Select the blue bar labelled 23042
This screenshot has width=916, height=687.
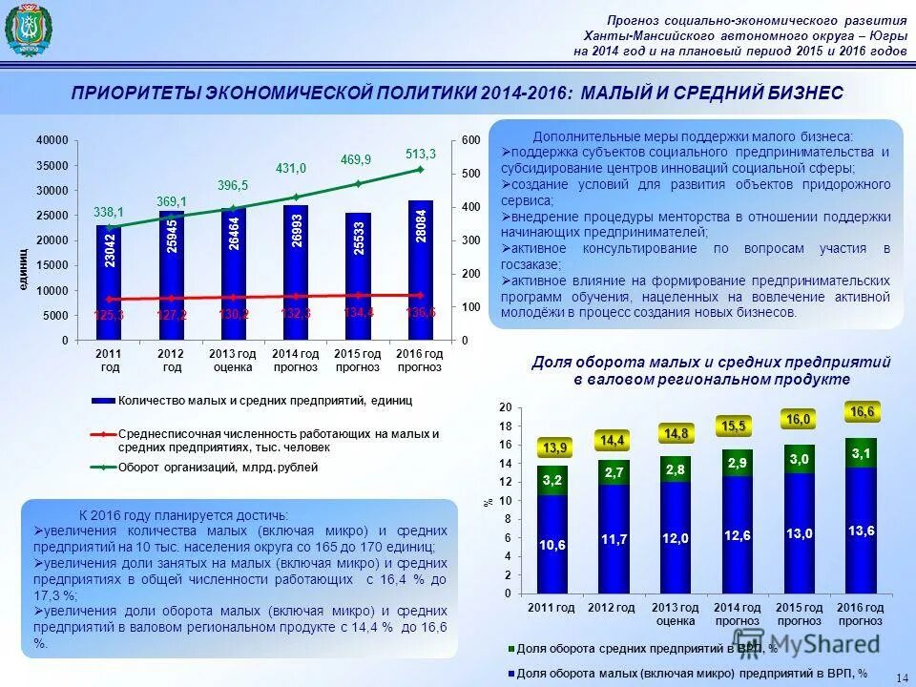[110, 281]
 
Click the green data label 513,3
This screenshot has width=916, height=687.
[420, 154]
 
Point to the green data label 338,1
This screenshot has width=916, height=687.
[109, 212]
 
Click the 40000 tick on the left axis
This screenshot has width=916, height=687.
[52, 140]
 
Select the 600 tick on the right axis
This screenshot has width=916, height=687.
[469, 140]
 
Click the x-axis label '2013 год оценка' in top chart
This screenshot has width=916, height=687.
[233, 361]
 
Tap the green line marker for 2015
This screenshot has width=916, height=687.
[358, 183]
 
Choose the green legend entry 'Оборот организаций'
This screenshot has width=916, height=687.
[218, 468]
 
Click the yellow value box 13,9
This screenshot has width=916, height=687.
[554, 448]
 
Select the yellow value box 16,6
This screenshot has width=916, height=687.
[862, 411]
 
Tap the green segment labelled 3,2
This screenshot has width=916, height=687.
[552, 481]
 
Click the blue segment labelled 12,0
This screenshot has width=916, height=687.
[676, 538]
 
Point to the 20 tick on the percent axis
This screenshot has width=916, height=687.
[506, 407]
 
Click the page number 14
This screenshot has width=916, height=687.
[902, 677]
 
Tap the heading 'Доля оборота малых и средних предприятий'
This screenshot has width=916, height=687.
[711, 363]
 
